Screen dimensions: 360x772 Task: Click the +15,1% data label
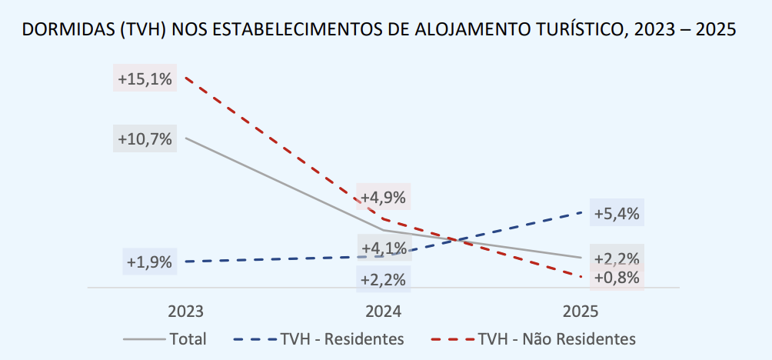pos(145,78)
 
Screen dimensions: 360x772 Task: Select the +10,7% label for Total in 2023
pos(145,139)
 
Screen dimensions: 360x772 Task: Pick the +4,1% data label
pos(384,248)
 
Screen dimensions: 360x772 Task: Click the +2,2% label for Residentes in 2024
pos(384,279)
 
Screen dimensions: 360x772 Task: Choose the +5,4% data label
pos(617,214)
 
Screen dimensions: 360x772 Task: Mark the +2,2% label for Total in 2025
pos(617,258)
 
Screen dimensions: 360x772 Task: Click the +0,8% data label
pos(617,277)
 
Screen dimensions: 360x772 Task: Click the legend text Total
pos(188,338)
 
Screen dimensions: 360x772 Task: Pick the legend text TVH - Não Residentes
pos(557,338)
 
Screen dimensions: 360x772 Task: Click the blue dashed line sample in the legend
pos(255,338)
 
